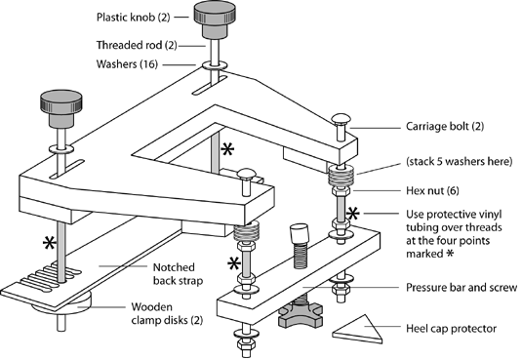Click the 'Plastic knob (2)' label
tap(133, 17)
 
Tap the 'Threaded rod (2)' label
tap(137, 45)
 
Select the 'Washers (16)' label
tap(127, 64)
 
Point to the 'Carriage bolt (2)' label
tap(445, 127)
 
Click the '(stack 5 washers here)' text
tap(460, 162)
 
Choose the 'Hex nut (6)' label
tap(432, 191)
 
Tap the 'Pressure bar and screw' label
tap(462, 288)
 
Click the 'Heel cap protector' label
tap(451, 329)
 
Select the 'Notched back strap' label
tap(178, 274)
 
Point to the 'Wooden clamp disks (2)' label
tap(167, 313)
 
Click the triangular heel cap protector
tap(357, 330)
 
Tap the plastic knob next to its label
tap(215, 20)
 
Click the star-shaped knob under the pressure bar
tap(301, 315)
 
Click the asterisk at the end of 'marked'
tap(450, 254)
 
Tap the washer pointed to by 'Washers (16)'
tap(215, 65)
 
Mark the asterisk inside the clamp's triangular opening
tap(227, 149)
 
